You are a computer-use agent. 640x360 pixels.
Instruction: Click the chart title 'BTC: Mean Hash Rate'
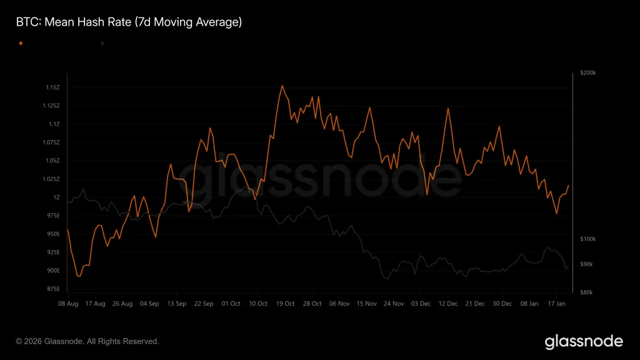[x=128, y=22]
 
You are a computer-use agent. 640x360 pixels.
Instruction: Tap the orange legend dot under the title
[x=21, y=43]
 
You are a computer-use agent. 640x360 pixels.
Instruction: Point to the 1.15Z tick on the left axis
[x=52, y=87]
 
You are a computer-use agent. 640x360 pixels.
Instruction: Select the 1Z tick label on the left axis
[x=56, y=197]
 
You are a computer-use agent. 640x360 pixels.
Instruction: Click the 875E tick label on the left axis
[x=52, y=289]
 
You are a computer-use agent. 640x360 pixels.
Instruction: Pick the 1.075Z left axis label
[x=51, y=142]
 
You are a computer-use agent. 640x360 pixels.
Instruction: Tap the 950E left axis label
[x=52, y=234]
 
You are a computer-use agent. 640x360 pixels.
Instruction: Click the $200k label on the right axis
[x=588, y=73]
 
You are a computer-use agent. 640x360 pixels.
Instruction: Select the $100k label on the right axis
[x=588, y=239]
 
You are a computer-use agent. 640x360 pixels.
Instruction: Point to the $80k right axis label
[x=587, y=292]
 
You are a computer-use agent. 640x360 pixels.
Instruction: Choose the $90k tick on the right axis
[x=587, y=265]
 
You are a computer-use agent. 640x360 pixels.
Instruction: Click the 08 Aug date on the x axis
[x=67, y=304]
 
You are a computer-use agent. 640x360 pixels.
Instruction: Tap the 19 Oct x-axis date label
[x=285, y=304]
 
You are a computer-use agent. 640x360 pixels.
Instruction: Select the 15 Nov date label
[x=367, y=304]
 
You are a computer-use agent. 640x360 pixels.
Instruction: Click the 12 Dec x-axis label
[x=448, y=304]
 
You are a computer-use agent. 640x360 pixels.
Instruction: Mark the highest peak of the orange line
[x=282, y=86]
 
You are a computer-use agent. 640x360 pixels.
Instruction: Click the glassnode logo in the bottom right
[x=584, y=341]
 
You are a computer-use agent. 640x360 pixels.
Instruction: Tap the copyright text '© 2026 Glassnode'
[x=87, y=341]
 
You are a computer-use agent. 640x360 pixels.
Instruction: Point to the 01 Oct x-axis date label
[x=231, y=304]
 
